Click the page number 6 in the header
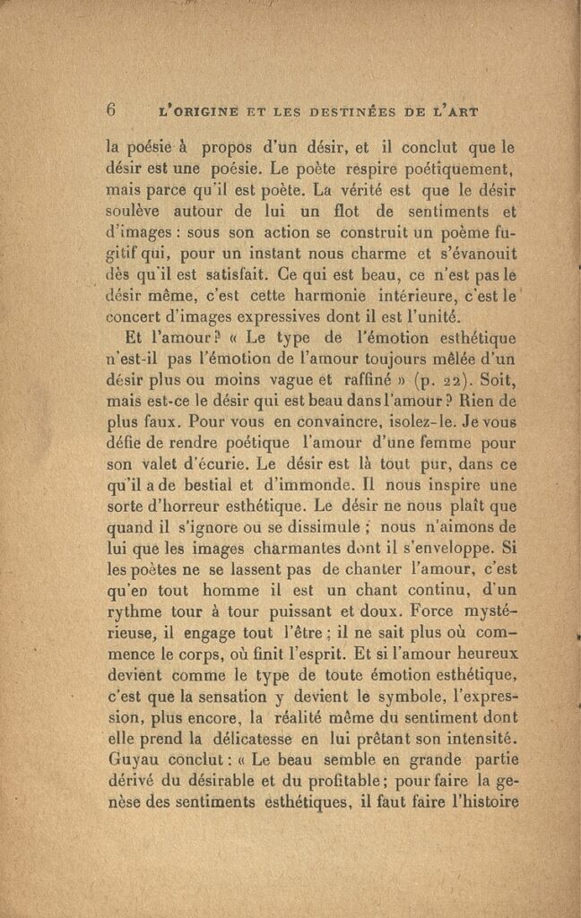point(112,110)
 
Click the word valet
point(166,466)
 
